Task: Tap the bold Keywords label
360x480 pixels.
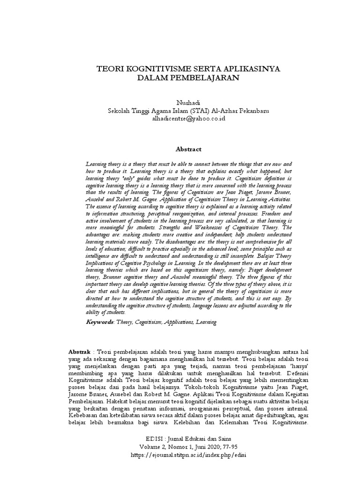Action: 100,322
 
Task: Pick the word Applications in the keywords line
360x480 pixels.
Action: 179,322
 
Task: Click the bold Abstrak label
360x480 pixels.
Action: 81,352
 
